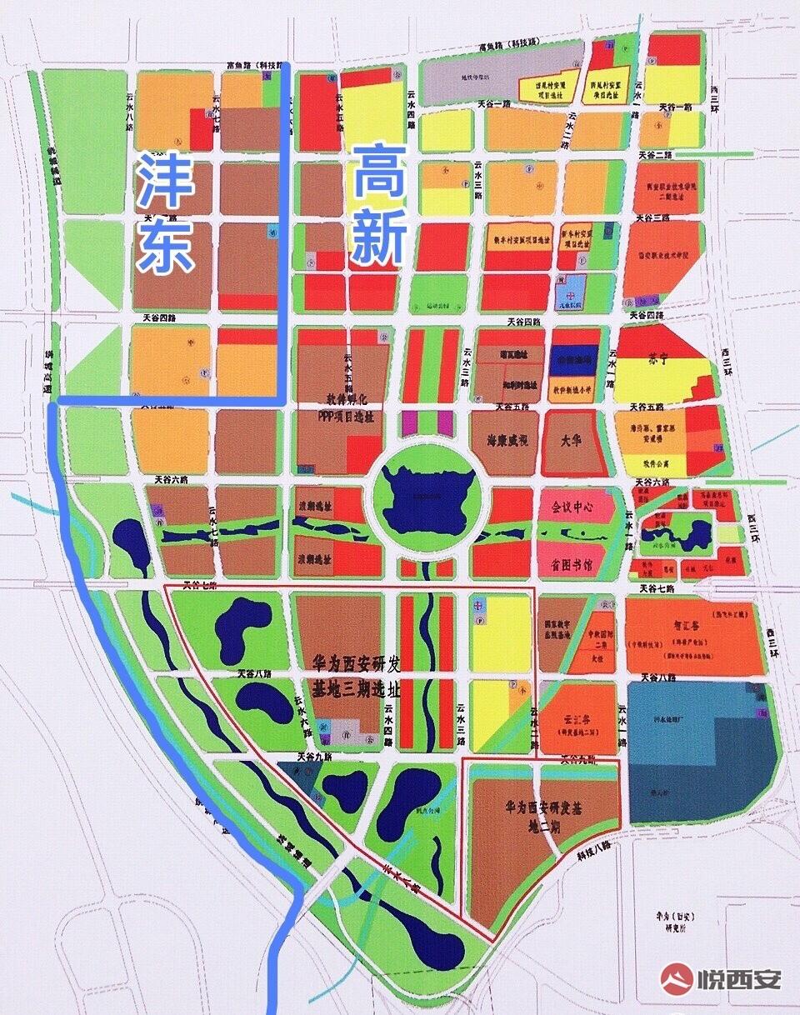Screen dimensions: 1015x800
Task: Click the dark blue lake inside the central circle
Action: [426, 492]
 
